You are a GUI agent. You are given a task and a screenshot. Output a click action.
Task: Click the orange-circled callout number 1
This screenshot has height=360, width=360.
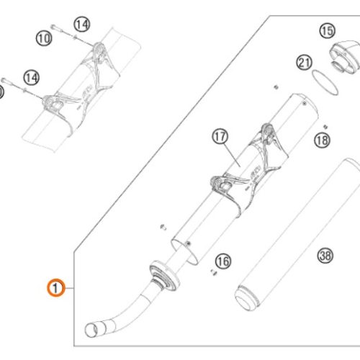click(x=55, y=287)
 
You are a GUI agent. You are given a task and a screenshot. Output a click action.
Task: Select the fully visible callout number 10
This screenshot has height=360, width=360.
click(x=44, y=38)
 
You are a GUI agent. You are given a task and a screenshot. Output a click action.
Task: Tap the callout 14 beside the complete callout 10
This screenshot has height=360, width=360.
click(x=82, y=24)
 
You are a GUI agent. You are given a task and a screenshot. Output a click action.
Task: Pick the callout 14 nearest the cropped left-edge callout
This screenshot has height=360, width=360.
click(x=32, y=78)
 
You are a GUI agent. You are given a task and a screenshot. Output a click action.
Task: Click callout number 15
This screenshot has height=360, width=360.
click(x=328, y=31)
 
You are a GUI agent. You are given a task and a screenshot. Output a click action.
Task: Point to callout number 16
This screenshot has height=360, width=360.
click(x=223, y=261)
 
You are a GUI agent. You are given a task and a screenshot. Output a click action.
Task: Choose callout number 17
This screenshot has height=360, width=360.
click(x=220, y=136)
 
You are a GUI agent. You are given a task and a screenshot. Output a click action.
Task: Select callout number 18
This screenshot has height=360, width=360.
click(x=322, y=140)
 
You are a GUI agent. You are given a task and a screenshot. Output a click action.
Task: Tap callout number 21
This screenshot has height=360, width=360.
click(x=304, y=63)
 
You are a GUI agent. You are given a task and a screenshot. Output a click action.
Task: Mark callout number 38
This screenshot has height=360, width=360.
click(x=325, y=256)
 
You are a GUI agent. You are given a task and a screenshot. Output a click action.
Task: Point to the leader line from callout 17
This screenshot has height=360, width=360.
click(x=233, y=155)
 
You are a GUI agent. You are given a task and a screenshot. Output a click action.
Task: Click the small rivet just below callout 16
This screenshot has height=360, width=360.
click(x=214, y=272)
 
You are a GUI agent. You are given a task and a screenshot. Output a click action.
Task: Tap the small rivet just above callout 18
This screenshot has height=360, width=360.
click(x=325, y=127)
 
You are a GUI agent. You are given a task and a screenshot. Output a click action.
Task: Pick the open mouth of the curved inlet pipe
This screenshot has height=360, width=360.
click(x=92, y=330)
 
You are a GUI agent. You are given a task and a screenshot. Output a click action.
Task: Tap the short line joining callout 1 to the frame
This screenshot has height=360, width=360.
click(x=69, y=288)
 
